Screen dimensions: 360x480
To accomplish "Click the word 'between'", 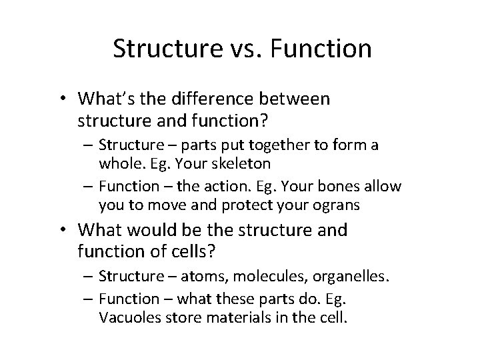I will [297, 99].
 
